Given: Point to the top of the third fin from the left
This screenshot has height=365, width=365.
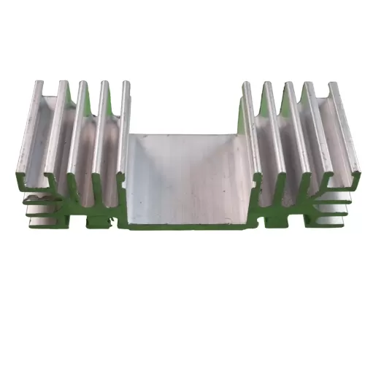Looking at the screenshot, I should click(85, 82).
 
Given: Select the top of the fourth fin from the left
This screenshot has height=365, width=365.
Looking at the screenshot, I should click(106, 82).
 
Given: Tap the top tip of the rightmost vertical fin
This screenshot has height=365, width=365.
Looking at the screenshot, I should click(337, 85).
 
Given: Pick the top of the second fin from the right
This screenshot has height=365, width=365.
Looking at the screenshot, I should click(310, 84).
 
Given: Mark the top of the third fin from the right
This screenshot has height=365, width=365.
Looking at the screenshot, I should click(288, 83).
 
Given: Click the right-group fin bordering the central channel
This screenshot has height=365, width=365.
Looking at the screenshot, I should click(245, 85).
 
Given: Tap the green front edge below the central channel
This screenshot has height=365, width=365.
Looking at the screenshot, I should click(191, 225).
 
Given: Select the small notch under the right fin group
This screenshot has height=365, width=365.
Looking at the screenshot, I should click(281, 218).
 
